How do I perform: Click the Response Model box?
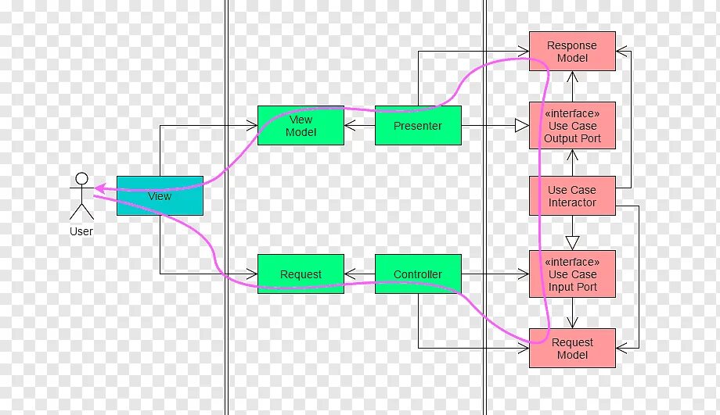point(572,52)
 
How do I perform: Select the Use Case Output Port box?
point(572,126)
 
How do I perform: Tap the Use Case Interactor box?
point(572,196)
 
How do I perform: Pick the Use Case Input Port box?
point(572,274)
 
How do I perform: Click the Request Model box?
point(572,349)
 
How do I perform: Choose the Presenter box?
point(418,126)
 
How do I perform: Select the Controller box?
point(418,274)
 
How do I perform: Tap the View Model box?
point(301,126)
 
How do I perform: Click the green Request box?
point(301,274)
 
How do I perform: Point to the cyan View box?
point(160,196)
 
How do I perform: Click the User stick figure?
point(81,196)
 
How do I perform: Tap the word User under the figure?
point(81,231)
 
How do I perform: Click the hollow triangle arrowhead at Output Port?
point(521,126)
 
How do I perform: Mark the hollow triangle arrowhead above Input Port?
point(572,242)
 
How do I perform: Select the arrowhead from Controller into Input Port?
point(524,274)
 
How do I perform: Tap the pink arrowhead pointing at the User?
point(100,188)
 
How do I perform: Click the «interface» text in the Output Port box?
point(572,114)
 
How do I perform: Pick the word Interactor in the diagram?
point(572,203)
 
